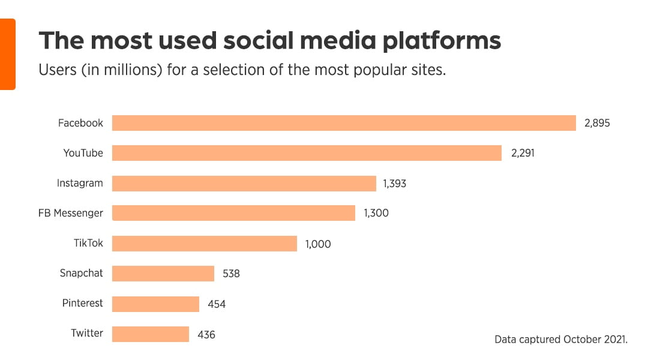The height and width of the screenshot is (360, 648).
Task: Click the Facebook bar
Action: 344,123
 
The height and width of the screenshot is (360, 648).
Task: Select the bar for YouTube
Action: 307,153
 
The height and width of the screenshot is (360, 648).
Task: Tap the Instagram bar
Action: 244,183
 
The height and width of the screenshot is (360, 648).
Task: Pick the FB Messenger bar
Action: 233,213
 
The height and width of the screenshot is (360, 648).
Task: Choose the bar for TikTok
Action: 204,243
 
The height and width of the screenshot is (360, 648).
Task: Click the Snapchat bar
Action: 163,273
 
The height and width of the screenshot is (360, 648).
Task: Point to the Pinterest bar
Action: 155,304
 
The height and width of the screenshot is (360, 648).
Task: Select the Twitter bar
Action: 150,334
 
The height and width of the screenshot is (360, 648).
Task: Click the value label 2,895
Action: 597,124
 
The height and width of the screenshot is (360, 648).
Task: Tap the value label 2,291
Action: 522,154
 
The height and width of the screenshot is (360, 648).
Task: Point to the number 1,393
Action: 394,184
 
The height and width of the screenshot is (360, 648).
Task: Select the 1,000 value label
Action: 318,244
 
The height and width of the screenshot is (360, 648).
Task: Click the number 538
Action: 231,274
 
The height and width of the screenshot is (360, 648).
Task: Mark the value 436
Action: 206,334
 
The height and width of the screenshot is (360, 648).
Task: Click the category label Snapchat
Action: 81,273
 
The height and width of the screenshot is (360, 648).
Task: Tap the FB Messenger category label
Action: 71,213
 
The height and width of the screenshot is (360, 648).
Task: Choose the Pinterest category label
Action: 82,303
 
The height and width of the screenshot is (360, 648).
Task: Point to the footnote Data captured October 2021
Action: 560,340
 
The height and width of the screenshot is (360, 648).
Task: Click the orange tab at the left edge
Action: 7,54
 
